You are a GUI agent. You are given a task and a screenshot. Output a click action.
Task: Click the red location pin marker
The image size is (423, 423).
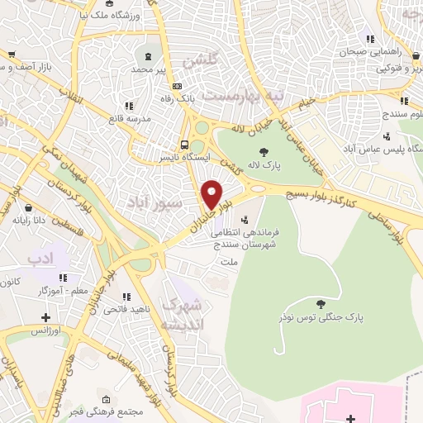coord(212,195)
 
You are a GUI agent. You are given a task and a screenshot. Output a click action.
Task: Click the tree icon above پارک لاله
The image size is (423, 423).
coord(264,151)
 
